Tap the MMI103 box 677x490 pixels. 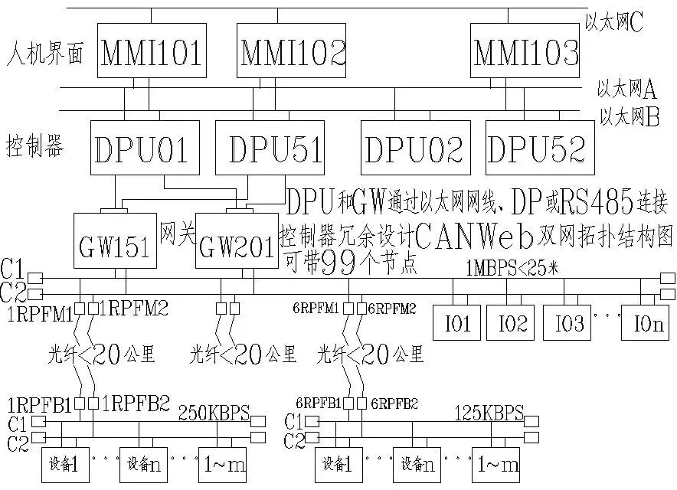point(526,51)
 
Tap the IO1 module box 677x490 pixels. point(457,323)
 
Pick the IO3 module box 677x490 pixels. point(568,323)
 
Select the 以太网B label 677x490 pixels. point(630,118)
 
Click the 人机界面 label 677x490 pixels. point(44,57)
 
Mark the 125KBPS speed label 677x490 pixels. point(489,414)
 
